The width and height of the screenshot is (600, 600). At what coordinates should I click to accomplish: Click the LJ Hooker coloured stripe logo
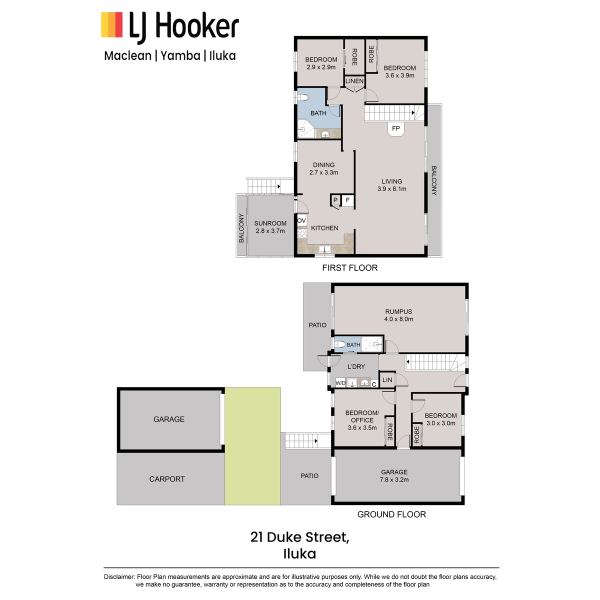click(111, 24)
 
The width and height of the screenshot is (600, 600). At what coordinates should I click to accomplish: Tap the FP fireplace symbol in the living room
click(395, 128)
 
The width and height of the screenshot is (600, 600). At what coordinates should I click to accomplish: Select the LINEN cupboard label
click(354, 81)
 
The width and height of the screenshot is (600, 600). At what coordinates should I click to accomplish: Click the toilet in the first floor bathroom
click(302, 98)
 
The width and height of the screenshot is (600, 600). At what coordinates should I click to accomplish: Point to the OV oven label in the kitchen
click(301, 221)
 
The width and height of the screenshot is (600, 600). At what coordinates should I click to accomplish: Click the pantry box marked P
click(335, 200)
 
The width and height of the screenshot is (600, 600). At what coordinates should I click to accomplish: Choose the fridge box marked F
click(347, 200)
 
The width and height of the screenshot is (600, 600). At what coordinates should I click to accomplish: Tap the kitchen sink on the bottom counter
click(325, 249)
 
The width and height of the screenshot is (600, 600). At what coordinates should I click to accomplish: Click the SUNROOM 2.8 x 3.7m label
click(270, 227)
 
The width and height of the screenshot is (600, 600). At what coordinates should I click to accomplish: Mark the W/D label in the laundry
click(340, 383)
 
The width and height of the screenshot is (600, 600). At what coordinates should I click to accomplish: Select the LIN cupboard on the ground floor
click(387, 379)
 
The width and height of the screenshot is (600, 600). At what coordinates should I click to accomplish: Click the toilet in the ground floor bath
click(339, 344)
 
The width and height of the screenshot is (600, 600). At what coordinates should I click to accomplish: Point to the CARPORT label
click(167, 479)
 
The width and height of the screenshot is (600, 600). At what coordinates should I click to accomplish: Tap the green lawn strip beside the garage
click(252, 446)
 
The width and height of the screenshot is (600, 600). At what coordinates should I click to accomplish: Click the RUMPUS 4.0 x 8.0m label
click(398, 315)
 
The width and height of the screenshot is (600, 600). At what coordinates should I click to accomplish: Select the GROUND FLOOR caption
click(391, 514)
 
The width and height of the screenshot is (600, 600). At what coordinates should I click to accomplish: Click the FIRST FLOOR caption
click(349, 268)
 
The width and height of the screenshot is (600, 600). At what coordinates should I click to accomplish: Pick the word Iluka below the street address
click(299, 554)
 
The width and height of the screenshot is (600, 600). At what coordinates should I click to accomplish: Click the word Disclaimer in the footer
click(119, 576)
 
